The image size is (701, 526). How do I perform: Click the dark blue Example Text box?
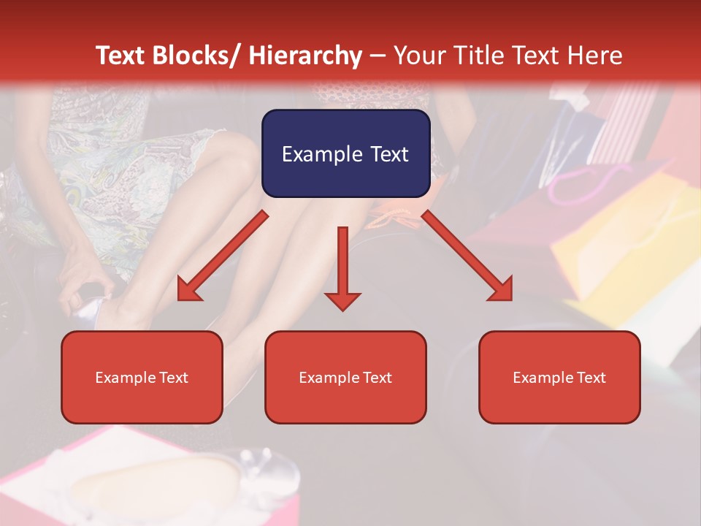[x=345, y=153]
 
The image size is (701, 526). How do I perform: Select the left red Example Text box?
[x=142, y=377]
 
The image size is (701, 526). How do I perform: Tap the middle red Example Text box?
[x=345, y=377]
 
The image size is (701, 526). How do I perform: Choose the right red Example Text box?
[x=559, y=377]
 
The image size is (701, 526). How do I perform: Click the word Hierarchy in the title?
[x=305, y=56]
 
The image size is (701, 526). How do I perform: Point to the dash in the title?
[x=378, y=56]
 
